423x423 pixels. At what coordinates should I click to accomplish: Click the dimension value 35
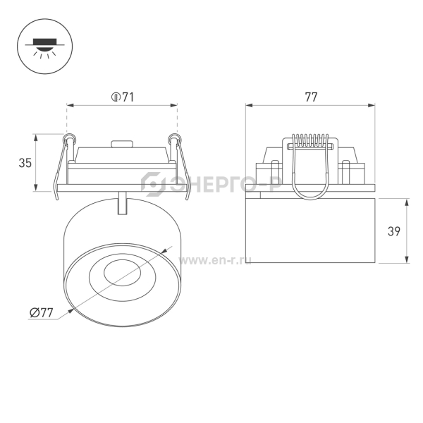coord(25,163)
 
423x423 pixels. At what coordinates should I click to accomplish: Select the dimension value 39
coord(394,231)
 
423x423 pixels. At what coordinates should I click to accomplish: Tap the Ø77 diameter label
coord(42,312)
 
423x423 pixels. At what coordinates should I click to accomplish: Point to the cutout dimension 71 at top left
coord(123,97)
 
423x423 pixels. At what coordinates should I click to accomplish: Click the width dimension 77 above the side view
coord(311,97)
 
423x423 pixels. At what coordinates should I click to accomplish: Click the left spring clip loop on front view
coord(68,138)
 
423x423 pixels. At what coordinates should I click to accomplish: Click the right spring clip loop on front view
coord(173,138)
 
